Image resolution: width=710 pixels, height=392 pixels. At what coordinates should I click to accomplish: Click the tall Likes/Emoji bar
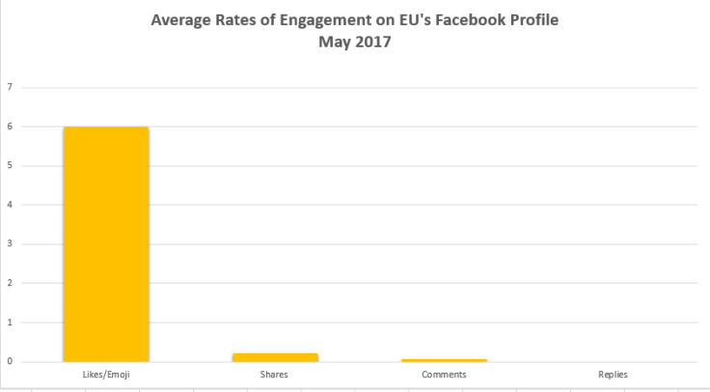pyautogui.click(x=106, y=243)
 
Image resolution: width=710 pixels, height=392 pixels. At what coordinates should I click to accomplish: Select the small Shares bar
pyautogui.click(x=275, y=357)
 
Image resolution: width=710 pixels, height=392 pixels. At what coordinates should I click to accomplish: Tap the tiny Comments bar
pyautogui.click(x=444, y=360)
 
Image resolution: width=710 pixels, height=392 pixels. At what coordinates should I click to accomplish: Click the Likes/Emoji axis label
pyautogui.click(x=106, y=374)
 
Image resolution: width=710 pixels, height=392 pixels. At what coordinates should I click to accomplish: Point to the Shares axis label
pyautogui.click(x=275, y=374)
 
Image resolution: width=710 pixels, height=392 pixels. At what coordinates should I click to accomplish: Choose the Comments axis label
pyautogui.click(x=444, y=374)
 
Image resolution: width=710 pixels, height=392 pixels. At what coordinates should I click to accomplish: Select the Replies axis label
pyautogui.click(x=613, y=374)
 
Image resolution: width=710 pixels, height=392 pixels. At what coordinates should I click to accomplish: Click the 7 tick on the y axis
pyautogui.click(x=10, y=87)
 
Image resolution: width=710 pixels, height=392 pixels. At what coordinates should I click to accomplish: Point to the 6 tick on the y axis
pyautogui.click(x=10, y=126)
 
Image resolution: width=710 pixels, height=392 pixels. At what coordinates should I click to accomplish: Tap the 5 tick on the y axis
pyautogui.click(x=10, y=165)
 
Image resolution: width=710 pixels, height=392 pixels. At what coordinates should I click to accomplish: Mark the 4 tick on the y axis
pyautogui.click(x=10, y=205)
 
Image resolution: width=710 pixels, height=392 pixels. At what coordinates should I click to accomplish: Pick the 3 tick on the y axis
pyautogui.click(x=10, y=244)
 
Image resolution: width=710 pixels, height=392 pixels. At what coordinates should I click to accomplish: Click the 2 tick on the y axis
pyautogui.click(x=10, y=283)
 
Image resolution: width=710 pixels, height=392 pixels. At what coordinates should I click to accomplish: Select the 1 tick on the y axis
pyautogui.click(x=10, y=322)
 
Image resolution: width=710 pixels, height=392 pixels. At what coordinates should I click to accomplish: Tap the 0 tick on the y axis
pyautogui.click(x=10, y=362)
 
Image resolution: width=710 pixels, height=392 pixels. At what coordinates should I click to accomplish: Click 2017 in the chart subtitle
pyautogui.click(x=371, y=42)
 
